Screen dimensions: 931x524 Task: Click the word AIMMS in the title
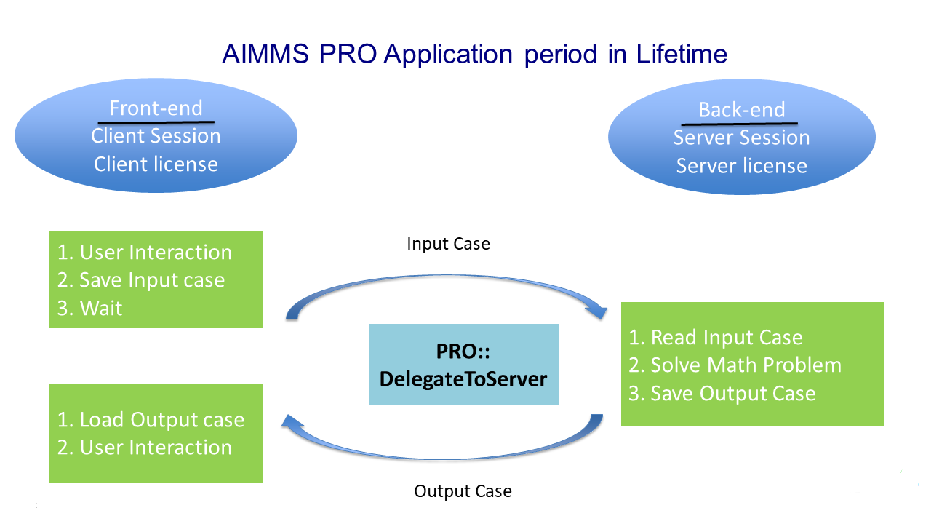click(265, 54)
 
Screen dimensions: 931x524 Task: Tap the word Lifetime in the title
click(682, 54)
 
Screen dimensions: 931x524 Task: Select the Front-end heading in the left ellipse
click(156, 108)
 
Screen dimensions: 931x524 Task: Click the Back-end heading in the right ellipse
click(741, 110)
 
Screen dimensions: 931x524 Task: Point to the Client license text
click(156, 164)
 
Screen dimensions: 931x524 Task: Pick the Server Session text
click(741, 138)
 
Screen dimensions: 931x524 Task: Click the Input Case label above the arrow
click(448, 244)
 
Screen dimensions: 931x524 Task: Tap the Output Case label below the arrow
click(463, 491)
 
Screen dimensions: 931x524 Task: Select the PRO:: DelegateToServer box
click(463, 365)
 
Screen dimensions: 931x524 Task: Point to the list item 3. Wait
click(89, 308)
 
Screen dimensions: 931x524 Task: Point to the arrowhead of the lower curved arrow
click(292, 424)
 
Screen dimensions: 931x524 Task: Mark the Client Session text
click(156, 136)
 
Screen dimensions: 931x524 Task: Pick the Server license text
click(741, 166)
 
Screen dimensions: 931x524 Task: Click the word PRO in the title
click(348, 54)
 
